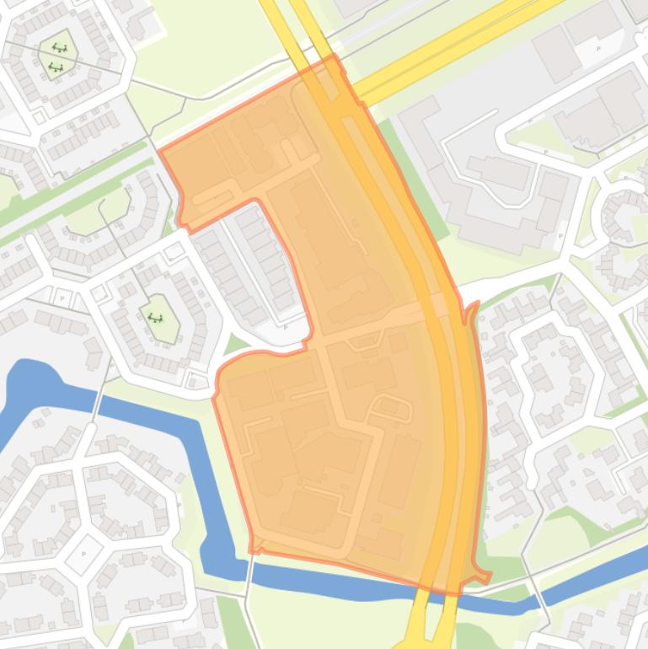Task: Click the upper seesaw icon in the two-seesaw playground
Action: point(60,48)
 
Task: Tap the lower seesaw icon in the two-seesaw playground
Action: point(56,66)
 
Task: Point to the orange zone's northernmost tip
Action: point(334,56)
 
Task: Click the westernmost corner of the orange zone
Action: point(160,152)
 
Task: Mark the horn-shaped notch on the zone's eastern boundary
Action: point(470,309)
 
